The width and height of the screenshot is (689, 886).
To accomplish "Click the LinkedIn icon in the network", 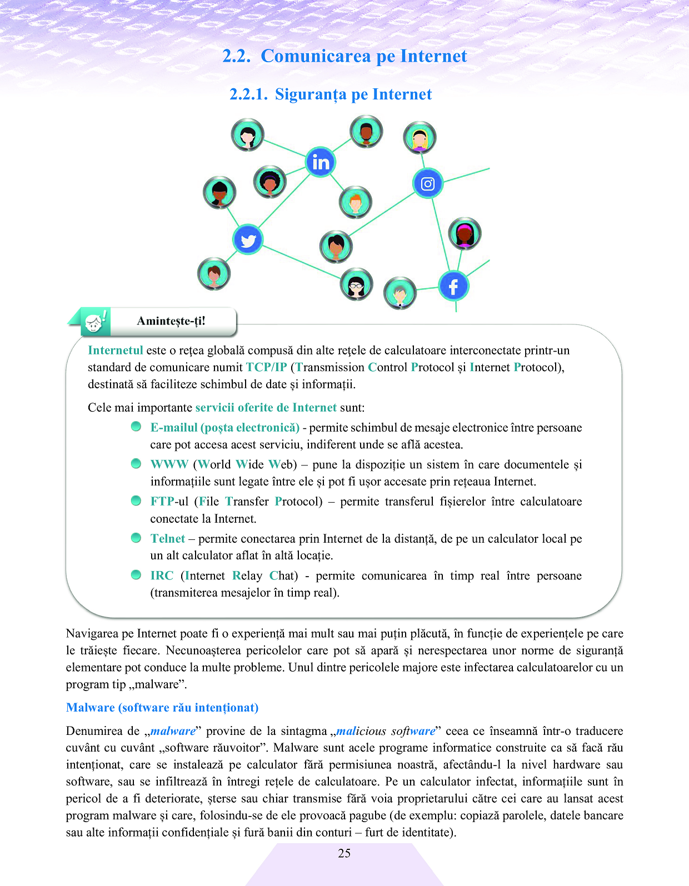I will (x=321, y=162).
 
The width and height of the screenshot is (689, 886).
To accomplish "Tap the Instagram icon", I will (x=427, y=183).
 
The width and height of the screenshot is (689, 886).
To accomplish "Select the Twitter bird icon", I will (x=248, y=240).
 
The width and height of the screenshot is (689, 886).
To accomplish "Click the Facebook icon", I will (x=453, y=286).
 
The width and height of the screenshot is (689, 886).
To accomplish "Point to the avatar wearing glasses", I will (x=356, y=284).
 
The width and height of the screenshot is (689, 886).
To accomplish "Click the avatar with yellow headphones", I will (x=420, y=138).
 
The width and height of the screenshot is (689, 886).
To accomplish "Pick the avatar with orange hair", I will (x=356, y=202).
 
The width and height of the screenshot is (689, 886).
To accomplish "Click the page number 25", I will (x=344, y=853).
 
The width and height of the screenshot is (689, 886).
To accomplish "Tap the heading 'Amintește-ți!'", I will (x=171, y=321).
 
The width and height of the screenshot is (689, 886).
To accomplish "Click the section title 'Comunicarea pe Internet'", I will (x=364, y=56).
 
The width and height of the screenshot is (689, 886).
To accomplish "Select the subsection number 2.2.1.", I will (x=248, y=94).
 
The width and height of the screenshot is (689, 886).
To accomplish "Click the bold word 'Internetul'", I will (x=116, y=351).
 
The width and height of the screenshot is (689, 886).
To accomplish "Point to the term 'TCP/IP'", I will (x=267, y=367).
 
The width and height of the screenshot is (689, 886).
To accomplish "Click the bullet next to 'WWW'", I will (x=136, y=463).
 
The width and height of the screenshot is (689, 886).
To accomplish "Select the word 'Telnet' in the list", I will (x=167, y=538).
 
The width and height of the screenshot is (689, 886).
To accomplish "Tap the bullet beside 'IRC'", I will (x=136, y=574).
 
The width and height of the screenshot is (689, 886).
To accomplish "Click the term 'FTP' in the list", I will (x=162, y=501).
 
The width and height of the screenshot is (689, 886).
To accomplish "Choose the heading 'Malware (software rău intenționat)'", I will (x=162, y=708).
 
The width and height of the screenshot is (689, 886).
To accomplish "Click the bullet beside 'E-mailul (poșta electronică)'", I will (x=136, y=427).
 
